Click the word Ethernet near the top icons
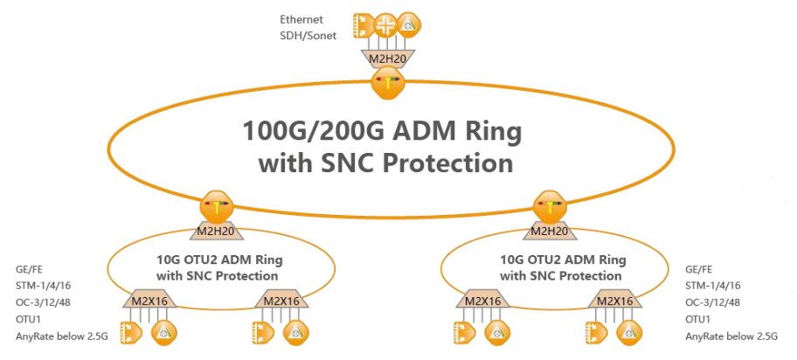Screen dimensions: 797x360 pos(301,20)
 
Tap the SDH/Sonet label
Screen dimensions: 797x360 pos(308,36)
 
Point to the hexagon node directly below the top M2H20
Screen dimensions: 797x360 pos(388,83)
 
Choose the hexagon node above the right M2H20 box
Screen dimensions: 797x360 pos(550,206)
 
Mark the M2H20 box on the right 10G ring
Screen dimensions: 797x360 pos(550,232)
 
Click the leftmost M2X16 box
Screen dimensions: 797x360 pos(149,301)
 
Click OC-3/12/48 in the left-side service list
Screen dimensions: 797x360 pos(43,302)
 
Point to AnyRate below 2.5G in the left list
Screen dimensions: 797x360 pos(62,336)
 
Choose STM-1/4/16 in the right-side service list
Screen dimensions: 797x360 pos(712,286)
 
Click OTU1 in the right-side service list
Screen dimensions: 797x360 pos(698,319)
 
